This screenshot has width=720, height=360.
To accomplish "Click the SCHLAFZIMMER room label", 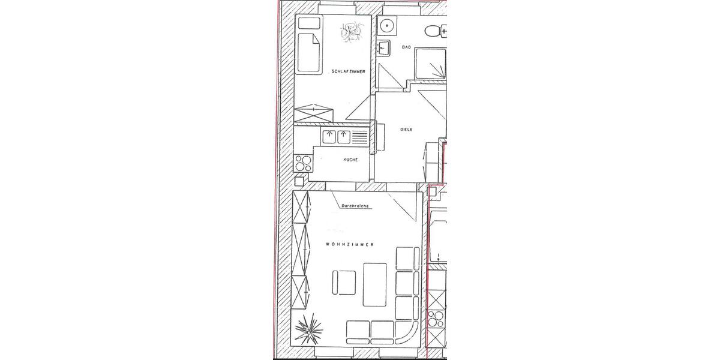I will point(348,71).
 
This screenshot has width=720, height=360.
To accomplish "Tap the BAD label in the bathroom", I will point(406,47).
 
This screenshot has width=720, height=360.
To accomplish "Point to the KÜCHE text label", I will point(350,160).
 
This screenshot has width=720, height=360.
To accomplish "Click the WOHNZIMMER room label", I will point(350,245).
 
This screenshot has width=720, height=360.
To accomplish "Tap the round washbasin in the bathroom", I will point(388,26).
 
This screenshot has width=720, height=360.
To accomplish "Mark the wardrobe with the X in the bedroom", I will point(313,112).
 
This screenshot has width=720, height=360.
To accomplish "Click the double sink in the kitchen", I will point(336,137).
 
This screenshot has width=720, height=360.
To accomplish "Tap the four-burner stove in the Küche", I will point(303,162).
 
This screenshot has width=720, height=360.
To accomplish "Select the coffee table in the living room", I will point(377,283).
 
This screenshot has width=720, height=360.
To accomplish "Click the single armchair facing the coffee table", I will point(344,282).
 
